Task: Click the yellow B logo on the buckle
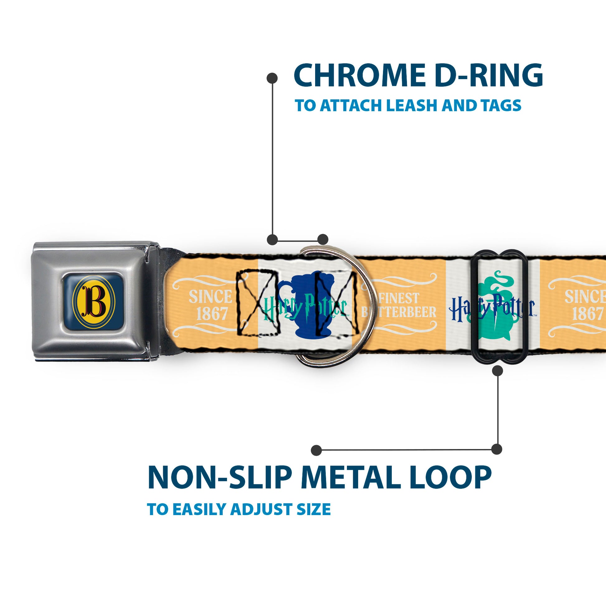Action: coord(93,301)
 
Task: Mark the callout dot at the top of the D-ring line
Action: coord(272,78)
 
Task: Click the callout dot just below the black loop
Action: coord(497,371)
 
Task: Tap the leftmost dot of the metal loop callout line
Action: coord(316,450)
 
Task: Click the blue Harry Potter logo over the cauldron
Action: coord(492,307)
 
